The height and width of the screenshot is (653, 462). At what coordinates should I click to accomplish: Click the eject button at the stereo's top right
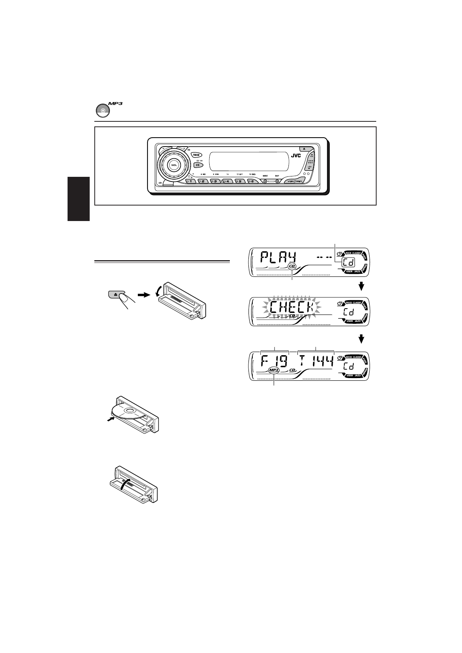tap(304, 149)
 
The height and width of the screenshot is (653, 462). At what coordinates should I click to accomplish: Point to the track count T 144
tap(316, 363)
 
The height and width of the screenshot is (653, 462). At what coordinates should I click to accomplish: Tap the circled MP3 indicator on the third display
tap(274, 371)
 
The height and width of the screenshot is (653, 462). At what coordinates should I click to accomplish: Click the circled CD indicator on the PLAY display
tap(292, 266)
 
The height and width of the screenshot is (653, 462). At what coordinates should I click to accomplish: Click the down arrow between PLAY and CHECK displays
tap(361, 286)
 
